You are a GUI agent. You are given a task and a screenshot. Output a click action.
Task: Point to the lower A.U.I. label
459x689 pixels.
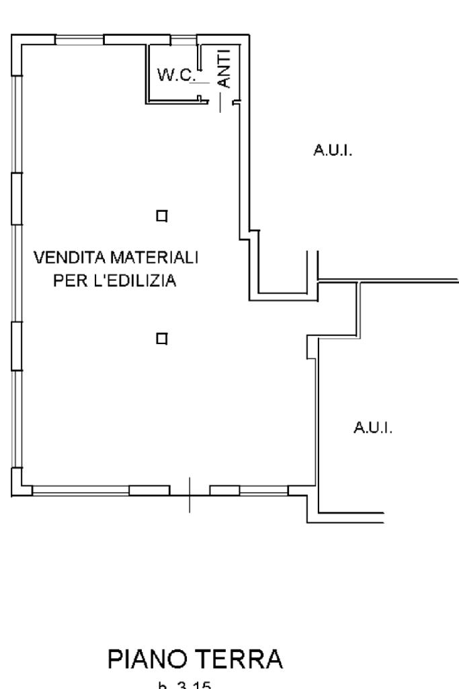(372, 428)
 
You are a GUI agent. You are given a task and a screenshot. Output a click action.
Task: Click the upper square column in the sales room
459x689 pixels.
(161, 216)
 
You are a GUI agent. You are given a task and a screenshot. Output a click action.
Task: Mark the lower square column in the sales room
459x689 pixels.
(161, 338)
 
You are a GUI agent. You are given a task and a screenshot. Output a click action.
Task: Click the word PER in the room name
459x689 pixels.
(67, 281)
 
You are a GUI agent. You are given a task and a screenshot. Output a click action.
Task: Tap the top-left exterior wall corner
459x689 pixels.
(17, 38)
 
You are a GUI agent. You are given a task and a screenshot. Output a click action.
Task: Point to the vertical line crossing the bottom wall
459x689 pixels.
(190, 494)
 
